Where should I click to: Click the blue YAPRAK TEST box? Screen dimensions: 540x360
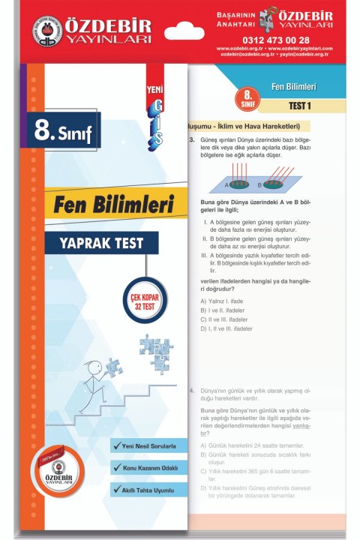point(101,242)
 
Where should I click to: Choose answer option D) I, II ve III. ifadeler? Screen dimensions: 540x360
point(235,328)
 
